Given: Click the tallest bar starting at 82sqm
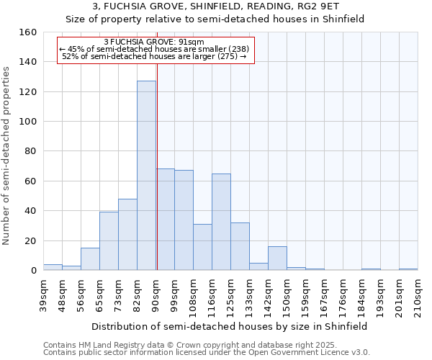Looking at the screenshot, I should click(x=146, y=176).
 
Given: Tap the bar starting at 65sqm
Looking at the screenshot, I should click(x=109, y=241).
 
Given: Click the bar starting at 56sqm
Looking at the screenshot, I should click(x=90, y=259).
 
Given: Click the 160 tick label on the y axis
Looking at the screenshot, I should click(x=27, y=32).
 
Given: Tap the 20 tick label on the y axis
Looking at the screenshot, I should click(x=30, y=240).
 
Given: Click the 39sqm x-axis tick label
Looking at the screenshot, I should click(x=43, y=294).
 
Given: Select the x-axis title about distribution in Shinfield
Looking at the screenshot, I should click(x=230, y=326).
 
